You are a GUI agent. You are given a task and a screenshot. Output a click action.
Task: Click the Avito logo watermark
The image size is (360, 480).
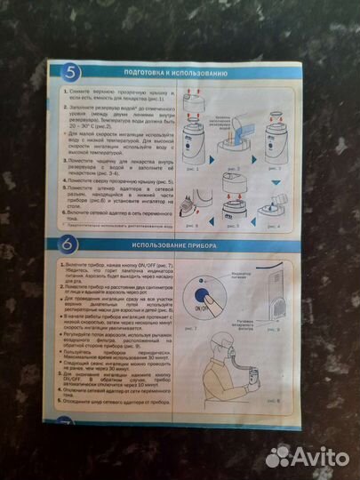[308, 456]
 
